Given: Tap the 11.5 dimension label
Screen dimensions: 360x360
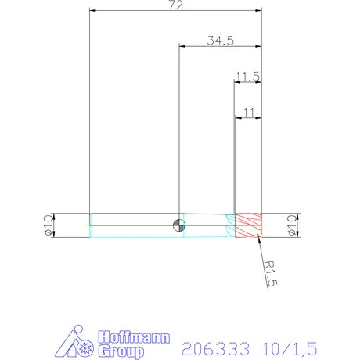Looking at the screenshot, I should [247, 76].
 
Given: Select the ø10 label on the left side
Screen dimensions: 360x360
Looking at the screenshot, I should [47, 225].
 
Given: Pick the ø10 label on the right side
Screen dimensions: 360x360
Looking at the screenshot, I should [292, 225].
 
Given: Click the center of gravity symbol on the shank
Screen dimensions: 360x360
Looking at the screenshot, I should [179, 225].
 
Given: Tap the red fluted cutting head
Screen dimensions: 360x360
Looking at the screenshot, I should [249, 225].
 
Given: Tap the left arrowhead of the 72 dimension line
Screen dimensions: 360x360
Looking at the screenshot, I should [94, 12].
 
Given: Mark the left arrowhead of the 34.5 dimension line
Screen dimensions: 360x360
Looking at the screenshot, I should [183, 47].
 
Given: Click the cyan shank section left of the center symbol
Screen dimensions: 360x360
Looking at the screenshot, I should [133, 225].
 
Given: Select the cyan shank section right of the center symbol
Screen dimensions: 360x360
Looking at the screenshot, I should [205, 225].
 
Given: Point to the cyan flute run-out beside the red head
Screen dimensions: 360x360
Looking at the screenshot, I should [230, 225].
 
